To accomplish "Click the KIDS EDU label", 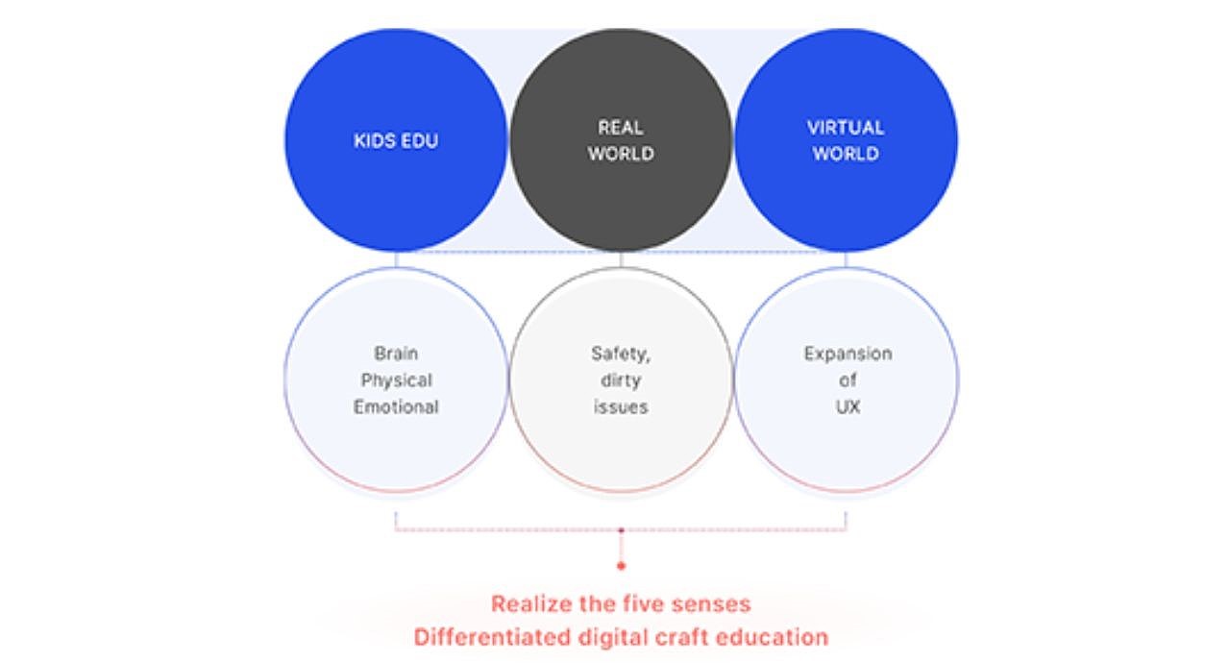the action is tap(396, 141).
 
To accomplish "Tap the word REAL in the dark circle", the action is tap(620, 128).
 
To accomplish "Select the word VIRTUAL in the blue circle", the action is tap(846, 128).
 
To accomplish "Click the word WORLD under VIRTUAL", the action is tap(846, 154).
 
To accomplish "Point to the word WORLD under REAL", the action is tap(621, 154).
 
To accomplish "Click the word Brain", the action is tap(396, 354).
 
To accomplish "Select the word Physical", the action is tap(396, 381).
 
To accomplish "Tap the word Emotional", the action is tap(396, 407).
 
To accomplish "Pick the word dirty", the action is tap(621, 381).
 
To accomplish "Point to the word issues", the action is tap(621, 407).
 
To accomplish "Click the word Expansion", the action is tap(848, 354).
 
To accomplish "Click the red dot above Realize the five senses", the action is tap(621, 566).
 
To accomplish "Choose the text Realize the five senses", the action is tap(621, 604).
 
